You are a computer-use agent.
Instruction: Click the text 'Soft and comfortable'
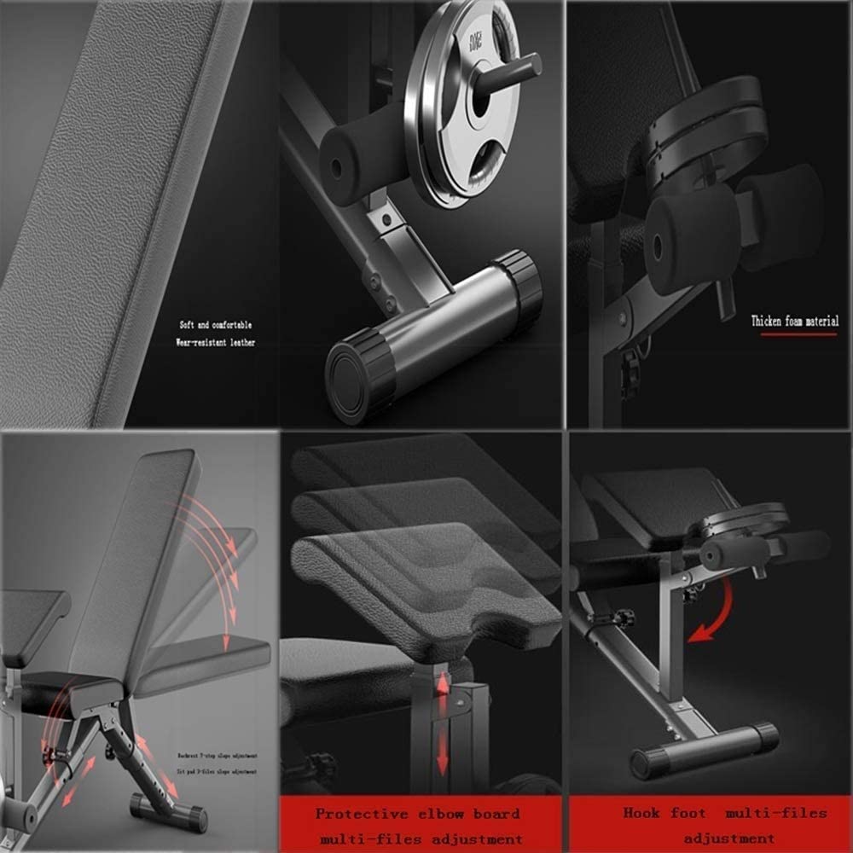pyautogui.click(x=216, y=325)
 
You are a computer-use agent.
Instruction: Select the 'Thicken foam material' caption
pyautogui.click(x=794, y=322)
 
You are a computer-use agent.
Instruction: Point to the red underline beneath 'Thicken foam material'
pyautogui.click(x=798, y=334)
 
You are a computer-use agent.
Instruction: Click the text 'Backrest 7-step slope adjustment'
pyautogui.click(x=217, y=756)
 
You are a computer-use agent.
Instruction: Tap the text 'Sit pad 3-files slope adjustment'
pyautogui.click(x=217, y=772)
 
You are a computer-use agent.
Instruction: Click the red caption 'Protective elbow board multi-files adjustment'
pyautogui.click(x=421, y=826)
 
